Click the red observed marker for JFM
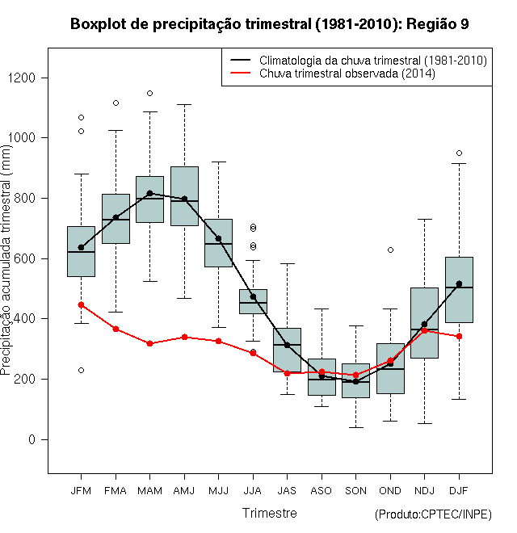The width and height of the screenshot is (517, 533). (81, 305)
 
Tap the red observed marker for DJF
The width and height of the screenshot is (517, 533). (459, 337)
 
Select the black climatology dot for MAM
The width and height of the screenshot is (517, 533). (149, 194)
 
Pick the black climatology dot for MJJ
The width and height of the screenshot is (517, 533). (218, 238)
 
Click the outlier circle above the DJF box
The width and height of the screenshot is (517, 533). (459, 153)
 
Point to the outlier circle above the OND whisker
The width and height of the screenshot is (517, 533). (390, 250)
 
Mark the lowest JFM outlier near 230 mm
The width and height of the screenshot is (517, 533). (81, 370)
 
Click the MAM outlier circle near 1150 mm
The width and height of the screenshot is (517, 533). (149, 93)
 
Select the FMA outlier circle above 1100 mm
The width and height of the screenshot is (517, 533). (116, 103)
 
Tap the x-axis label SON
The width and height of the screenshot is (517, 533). (355, 491)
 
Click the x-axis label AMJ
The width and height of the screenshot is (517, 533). (184, 491)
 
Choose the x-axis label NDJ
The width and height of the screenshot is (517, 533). (424, 491)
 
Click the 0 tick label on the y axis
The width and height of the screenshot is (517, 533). (32, 439)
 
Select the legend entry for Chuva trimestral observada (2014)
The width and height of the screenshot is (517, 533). (347, 73)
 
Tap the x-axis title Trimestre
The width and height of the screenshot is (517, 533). (269, 513)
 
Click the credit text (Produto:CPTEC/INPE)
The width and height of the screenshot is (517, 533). (433, 514)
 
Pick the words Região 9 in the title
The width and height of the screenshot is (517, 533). (438, 24)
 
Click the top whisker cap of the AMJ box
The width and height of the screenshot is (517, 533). (184, 105)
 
